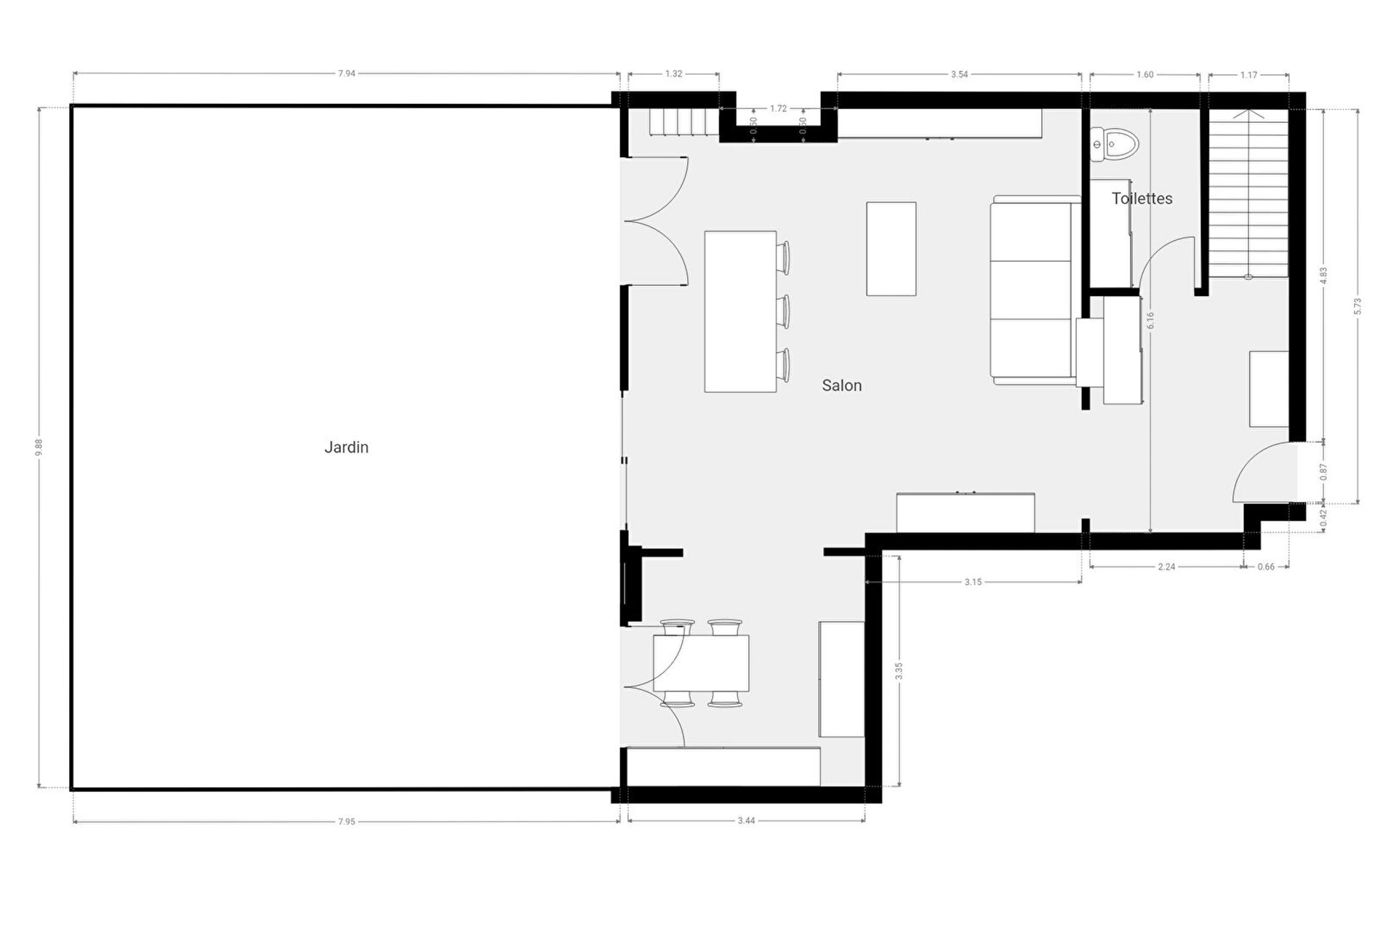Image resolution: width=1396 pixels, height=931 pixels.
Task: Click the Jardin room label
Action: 346,447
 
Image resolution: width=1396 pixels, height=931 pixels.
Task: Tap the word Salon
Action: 842,385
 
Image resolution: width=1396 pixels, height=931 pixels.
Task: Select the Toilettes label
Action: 1142,199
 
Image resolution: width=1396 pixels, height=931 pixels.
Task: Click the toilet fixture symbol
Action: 1113,144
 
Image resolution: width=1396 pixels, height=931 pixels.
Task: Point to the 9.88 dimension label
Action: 39,447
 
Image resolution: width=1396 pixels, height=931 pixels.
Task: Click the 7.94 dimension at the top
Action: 347,73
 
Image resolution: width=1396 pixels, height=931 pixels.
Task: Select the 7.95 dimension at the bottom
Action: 347,822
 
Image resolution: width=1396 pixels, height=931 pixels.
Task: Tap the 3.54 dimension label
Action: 960,74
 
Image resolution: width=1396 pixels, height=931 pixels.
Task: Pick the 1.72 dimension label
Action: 779,109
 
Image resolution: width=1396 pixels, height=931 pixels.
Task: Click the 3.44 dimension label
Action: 747,820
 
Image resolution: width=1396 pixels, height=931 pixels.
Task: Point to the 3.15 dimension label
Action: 973,582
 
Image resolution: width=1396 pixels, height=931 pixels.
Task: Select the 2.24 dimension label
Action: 1166,567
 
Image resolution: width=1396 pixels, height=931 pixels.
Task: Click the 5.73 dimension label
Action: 1357,306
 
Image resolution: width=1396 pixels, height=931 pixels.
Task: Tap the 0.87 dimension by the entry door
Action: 1323,472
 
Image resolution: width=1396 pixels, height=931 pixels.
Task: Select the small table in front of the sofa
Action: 891,249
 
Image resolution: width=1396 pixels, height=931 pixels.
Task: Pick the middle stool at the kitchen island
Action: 783,311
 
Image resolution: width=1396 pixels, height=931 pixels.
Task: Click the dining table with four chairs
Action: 701,663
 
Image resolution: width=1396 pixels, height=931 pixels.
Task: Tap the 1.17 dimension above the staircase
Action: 1249,75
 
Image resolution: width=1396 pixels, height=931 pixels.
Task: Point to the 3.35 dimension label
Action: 899,671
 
